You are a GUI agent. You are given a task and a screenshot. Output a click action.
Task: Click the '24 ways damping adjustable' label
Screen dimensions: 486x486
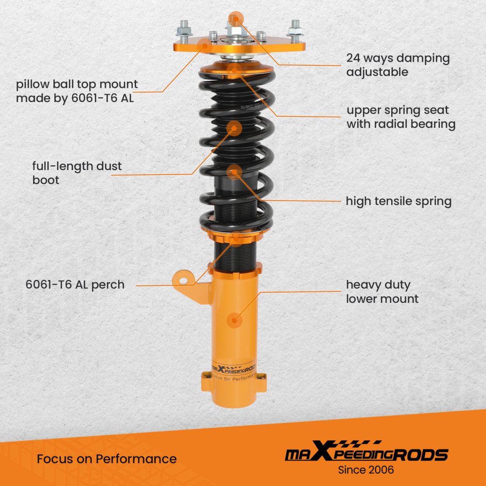coord(398,65)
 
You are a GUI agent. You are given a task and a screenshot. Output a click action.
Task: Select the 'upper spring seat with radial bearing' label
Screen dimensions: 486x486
coord(401,117)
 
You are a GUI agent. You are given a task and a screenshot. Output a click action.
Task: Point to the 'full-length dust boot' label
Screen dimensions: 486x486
coord(77,173)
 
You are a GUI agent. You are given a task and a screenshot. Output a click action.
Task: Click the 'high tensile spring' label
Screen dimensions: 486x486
coord(399,201)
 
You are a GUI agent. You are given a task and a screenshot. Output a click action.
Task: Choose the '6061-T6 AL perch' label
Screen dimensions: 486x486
coord(75,284)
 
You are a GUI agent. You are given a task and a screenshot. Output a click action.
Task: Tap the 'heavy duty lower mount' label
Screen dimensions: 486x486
coord(382,292)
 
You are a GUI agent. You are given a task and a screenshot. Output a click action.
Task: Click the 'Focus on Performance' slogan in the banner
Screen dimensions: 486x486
coord(106,459)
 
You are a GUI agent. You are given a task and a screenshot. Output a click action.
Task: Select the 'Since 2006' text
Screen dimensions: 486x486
coord(366,470)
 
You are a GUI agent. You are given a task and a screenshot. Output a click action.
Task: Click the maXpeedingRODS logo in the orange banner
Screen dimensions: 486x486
coord(366,451)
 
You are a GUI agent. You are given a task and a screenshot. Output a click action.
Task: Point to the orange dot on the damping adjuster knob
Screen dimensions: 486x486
coord(236,19)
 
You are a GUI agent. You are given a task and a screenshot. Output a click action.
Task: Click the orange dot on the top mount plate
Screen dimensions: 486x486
coord(205,46)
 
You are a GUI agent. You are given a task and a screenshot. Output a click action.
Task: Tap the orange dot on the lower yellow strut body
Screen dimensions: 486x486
coord(234,320)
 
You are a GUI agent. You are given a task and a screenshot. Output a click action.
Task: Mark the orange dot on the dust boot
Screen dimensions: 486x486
coord(234,128)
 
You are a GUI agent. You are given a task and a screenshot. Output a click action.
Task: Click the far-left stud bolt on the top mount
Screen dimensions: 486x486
coord(184,29)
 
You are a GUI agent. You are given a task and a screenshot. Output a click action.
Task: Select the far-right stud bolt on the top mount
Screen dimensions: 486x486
coord(295,29)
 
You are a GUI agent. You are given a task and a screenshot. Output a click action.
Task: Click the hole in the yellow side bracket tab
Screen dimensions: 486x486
coord(184,281)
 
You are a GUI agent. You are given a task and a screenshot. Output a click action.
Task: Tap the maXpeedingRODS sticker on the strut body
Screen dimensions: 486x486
coord(234,371)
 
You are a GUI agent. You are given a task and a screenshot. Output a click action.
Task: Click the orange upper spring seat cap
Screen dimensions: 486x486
coord(237,69)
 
